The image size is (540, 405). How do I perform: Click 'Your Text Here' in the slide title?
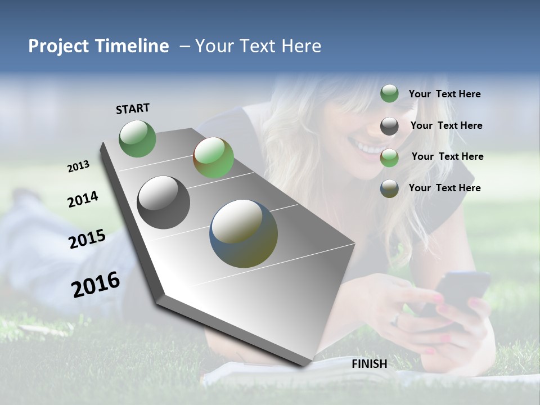click(x=258, y=47)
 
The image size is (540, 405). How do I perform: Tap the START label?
click(x=133, y=109)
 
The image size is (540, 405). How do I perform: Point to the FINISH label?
click(x=369, y=364)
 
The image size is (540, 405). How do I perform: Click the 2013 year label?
click(x=78, y=166)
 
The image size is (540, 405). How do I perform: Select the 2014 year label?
click(x=83, y=199)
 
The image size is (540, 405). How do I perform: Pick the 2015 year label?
click(x=87, y=239)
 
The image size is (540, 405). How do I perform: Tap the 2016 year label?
click(x=96, y=284)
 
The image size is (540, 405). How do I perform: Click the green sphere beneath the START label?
click(x=137, y=138)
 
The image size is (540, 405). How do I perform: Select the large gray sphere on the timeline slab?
click(x=163, y=202)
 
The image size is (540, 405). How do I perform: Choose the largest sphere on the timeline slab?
click(x=243, y=233)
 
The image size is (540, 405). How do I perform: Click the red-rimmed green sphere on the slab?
click(x=213, y=157)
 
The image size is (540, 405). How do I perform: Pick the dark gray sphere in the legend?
click(x=389, y=126)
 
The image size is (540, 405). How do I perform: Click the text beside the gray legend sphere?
click(x=446, y=125)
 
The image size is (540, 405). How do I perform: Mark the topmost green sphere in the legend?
click(x=389, y=93)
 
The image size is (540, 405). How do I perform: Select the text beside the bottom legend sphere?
click(x=444, y=188)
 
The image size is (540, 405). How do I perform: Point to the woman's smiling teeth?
click(x=370, y=149)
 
